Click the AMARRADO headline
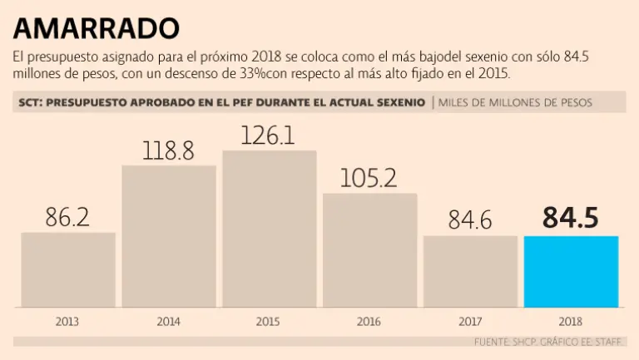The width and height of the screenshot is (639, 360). pyautogui.click(x=96, y=28)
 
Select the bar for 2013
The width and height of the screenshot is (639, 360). pyautogui.click(x=68, y=269)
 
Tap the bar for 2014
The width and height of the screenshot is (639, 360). pyautogui.click(x=169, y=236)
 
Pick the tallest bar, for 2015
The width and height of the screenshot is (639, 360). pyautogui.click(x=270, y=229)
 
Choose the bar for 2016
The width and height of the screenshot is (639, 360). pyautogui.click(x=370, y=249)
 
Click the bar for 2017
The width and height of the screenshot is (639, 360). pyautogui.click(x=470, y=271)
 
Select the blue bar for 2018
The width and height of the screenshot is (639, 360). pyautogui.click(x=571, y=271)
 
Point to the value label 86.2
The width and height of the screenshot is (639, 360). pyautogui.click(x=68, y=218)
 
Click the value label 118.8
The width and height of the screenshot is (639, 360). pyautogui.click(x=169, y=150)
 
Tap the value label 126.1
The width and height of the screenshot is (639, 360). pyautogui.click(x=268, y=136)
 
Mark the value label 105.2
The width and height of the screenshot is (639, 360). pyautogui.click(x=369, y=178)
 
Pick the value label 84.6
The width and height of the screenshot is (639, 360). pyautogui.click(x=470, y=220)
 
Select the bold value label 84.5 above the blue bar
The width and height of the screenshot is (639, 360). pyautogui.click(x=571, y=218)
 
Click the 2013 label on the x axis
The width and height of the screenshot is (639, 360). pyautogui.click(x=68, y=320)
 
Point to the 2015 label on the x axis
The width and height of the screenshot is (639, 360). pyautogui.click(x=268, y=320)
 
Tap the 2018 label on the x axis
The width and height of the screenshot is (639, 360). pyautogui.click(x=571, y=320)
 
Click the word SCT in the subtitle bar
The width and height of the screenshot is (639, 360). pyautogui.click(x=29, y=102)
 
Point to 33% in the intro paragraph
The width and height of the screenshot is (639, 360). pyautogui.click(x=252, y=74)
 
